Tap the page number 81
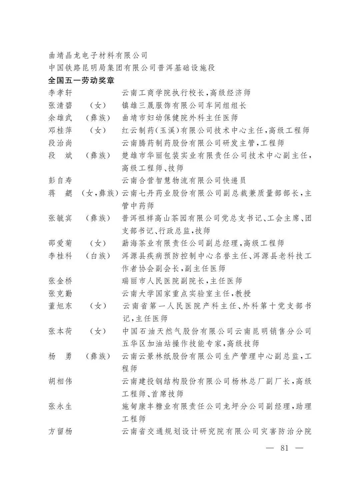tap(284, 448)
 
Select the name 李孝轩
tap(60, 93)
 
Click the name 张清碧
tap(60, 106)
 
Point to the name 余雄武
tap(60, 118)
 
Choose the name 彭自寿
tap(60, 181)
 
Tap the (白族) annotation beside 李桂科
tap(98, 256)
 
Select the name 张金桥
tap(60, 281)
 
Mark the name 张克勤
tap(60, 294)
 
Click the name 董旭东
tap(60, 306)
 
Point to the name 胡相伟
tap(60, 381)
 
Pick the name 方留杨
tap(60, 432)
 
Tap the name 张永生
tap(60, 407)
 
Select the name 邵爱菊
tap(60, 243)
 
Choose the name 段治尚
tap(60, 143)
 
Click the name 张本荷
tap(60, 332)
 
